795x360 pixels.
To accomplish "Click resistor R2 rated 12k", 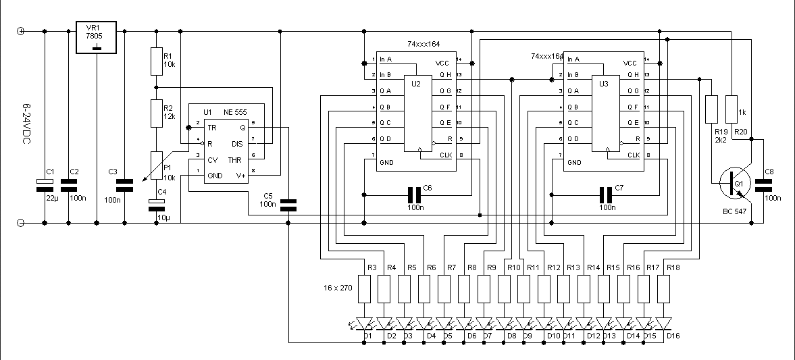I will [x=156, y=112].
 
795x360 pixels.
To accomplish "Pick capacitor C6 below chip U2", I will [x=414, y=195].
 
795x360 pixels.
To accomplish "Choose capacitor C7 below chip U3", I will [x=606, y=195].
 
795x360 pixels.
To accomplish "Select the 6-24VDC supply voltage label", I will [x=26, y=128].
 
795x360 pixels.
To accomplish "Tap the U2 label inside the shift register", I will [x=415, y=84].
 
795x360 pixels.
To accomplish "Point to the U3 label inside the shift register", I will [x=604, y=84].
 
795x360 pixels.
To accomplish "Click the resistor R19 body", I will [x=711, y=108].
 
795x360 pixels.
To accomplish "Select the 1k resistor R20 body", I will [x=731, y=108].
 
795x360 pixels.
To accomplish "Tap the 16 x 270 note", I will [x=338, y=288].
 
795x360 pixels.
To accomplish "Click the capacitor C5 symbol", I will [x=288, y=203].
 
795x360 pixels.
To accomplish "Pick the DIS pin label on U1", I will [x=237, y=143].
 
